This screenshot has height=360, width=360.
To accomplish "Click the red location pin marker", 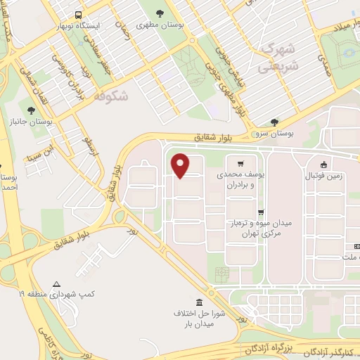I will click(x=181, y=165).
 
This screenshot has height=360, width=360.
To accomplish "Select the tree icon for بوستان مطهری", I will click(x=160, y=13).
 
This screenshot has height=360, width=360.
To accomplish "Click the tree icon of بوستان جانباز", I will click(x=30, y=110).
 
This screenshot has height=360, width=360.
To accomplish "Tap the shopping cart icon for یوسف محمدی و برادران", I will click(x=241, y=161).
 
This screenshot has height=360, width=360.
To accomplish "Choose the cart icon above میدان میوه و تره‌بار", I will click(x=262, y=212).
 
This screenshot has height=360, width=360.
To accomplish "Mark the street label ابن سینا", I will click(x=40, y=151).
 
